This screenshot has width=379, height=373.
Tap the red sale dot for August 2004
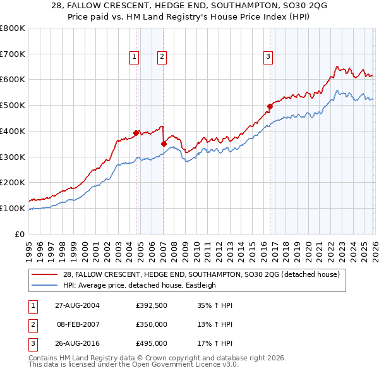pos(136,133)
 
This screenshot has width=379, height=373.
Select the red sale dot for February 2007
pos(164,144)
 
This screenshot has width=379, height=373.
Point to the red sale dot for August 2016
pos(270,106)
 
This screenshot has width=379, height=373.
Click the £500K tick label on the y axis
pos(13,106)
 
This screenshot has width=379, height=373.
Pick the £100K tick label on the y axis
pos(13,208)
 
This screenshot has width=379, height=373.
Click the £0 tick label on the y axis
pos(19,234)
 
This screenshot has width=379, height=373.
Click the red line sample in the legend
pos(45,274)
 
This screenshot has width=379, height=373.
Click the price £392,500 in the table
pos(152,305)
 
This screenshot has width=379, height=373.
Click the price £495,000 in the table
pos(152,344)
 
